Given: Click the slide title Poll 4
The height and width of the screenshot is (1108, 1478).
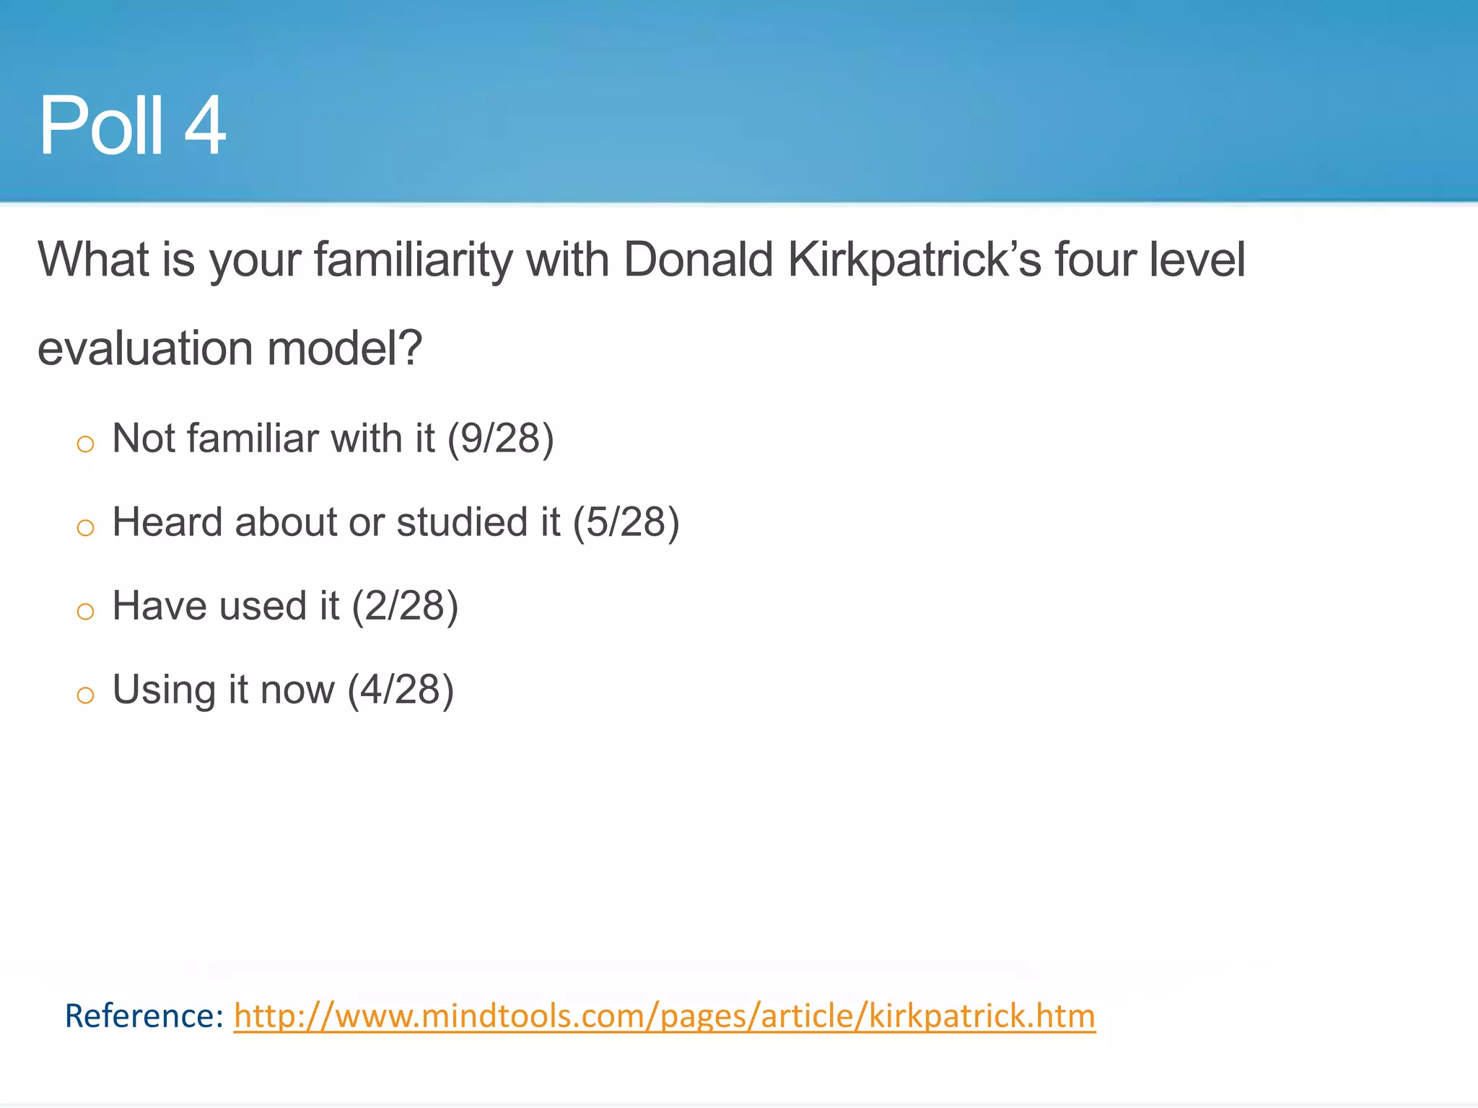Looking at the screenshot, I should (x=132, y=126).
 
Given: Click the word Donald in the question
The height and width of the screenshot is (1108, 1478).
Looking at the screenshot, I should (x=698, y=260).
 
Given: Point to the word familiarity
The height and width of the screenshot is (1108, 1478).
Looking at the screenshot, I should (x=412, y=260).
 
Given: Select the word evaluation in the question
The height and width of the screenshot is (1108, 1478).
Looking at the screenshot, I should (x=145, y=348).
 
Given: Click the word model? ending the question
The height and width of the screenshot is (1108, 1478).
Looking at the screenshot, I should (x=344, y=348).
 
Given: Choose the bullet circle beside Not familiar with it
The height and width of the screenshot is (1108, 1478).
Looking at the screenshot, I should (x=85, y=443).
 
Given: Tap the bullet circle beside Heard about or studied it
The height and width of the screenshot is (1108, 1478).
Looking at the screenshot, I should (x=85, y=527).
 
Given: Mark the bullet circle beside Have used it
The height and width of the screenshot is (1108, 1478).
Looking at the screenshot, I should (x=85, y=611).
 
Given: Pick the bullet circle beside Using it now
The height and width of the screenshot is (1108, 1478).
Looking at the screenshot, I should (x=85, y=695).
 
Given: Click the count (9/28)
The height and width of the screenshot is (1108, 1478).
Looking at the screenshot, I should (x=500, y=439).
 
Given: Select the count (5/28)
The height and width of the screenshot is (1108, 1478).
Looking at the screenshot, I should (x=626, y=522).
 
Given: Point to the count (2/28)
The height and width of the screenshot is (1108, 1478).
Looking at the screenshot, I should (x=405, y=606).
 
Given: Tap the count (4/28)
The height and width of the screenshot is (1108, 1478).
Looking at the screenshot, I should (x=401, y=690).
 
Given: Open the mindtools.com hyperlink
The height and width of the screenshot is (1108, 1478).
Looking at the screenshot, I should (x=664, y=1016).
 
